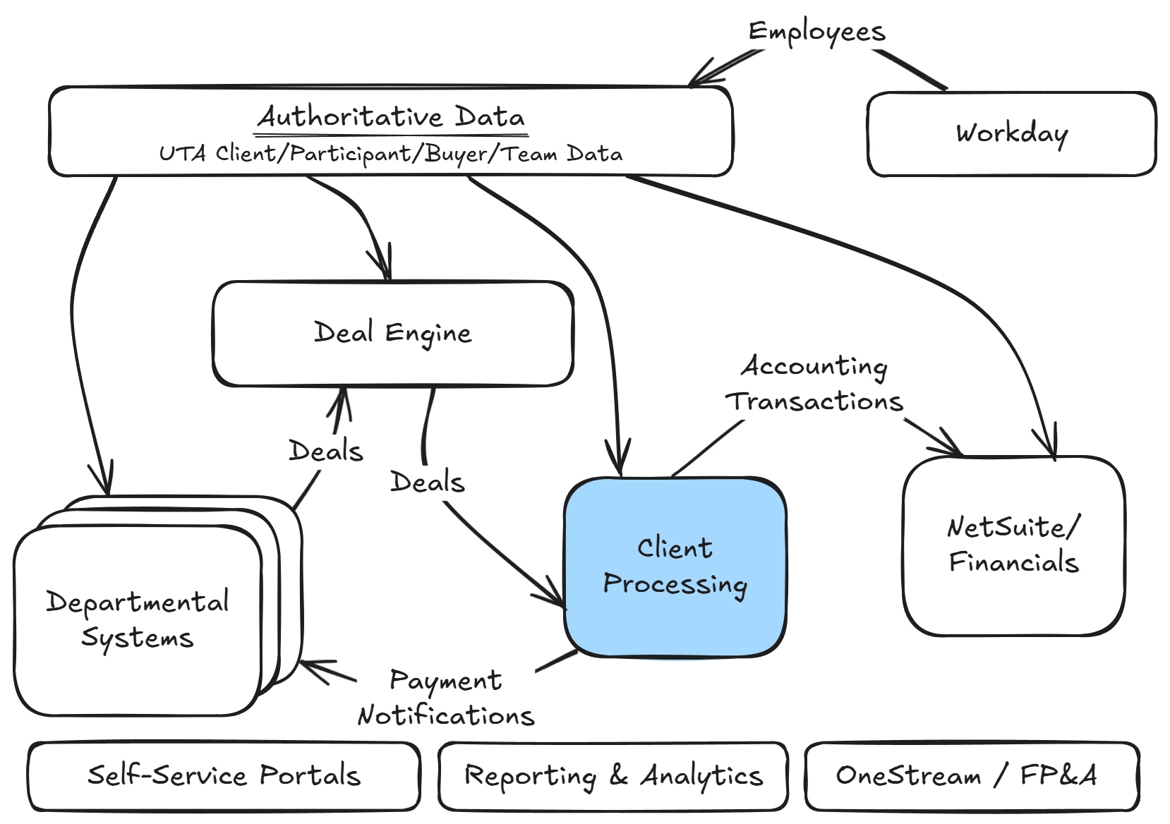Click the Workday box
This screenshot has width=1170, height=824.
point(1011,134)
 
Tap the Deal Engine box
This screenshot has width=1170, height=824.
point(393,333)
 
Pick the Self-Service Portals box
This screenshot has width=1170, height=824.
point(224,775)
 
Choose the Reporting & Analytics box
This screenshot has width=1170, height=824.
point(613,775)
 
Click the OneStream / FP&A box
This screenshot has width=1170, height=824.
point(971,775)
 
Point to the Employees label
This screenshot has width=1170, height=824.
point(816,32)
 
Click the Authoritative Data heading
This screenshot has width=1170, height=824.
point(392,117)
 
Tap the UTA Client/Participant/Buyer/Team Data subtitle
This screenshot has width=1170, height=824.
point(390,154)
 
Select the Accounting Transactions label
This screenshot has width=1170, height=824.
point(814,384)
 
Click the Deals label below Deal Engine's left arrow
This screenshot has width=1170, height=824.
point(325,451)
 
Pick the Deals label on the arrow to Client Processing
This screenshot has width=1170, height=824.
point(428,483)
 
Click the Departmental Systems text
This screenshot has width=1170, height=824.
point(138,619)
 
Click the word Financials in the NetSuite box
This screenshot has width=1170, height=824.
point(1013,563)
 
